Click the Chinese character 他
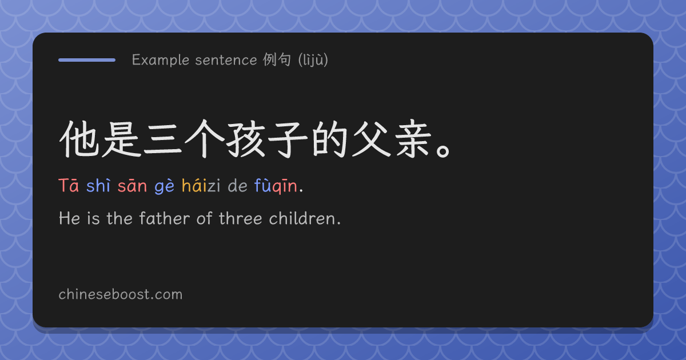79,139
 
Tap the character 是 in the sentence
121,139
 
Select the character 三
162,139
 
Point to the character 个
205,139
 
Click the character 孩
246,139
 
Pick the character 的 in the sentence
329,139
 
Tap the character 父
371,139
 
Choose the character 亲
413,139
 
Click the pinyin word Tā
69,186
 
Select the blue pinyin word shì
98,186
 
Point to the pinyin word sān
132,186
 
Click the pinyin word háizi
201,186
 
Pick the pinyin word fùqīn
276,186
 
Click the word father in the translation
165,218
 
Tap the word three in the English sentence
241,218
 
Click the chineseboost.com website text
121,294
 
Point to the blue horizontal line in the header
87,60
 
